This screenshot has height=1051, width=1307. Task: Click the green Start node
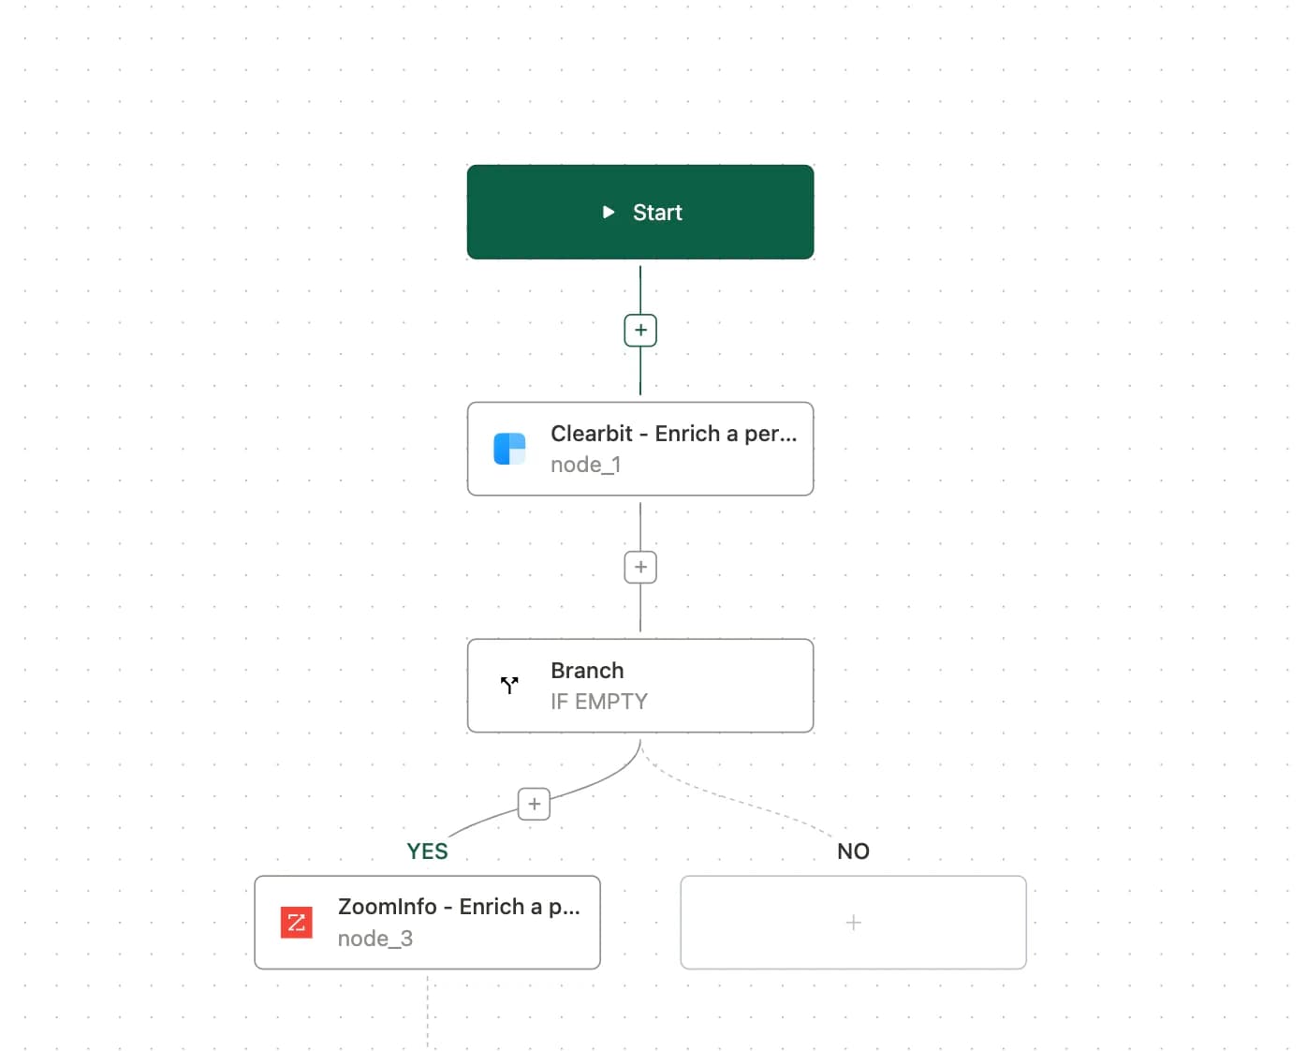tap(640, 212)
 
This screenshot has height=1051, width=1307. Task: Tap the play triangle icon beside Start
tap(608, 212)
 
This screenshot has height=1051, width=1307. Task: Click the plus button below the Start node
tap(640, 330)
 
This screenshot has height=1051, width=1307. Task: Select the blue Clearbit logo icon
tap(509, 449)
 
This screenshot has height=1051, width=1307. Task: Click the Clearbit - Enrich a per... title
tap(673, 434)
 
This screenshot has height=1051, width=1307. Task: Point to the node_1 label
tap(585, 465)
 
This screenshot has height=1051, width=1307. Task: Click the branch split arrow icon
tap(509, 685)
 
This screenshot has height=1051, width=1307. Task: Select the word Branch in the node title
tap(587, 670)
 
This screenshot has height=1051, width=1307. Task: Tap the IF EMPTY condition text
tap(599, 702)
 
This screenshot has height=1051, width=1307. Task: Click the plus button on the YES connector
tap(534, 804)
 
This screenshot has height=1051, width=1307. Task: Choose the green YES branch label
tap(427, 851)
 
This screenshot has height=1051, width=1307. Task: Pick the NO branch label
tap(853, 851)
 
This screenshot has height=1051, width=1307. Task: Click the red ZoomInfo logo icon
tap(297, 922)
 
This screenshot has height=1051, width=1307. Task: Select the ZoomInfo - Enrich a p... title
tap(459, 907)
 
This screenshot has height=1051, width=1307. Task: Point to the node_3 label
tap(375, 939)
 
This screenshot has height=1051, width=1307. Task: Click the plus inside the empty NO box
tap(853, 922)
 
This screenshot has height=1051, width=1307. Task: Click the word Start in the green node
tap(657, 212)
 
